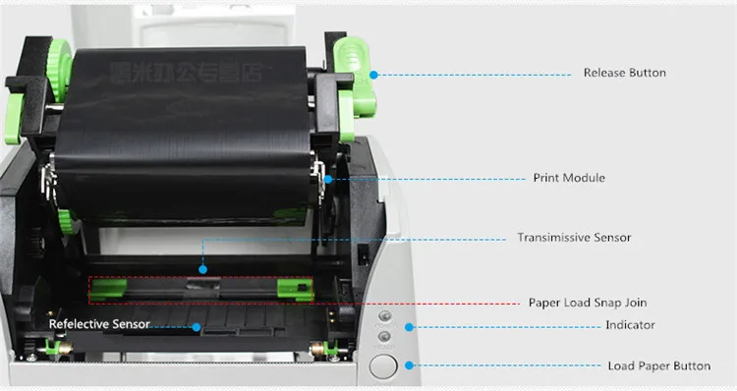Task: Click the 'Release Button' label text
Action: coord(624,73)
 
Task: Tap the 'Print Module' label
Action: coord(569,178)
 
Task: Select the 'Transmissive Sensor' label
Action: coord(574,238)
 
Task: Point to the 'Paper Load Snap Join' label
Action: coord(588,303)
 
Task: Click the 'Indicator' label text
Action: coord(630,325)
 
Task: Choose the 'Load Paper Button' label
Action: coord(658,365)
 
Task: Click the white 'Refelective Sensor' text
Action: coord(100,324)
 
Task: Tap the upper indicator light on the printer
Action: coord(384,317)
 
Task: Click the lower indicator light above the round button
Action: coord(384,337)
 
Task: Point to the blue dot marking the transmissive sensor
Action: coord(202,269)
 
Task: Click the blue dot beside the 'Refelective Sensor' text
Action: coord(197,326)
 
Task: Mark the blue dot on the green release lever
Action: coord(371,73)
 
